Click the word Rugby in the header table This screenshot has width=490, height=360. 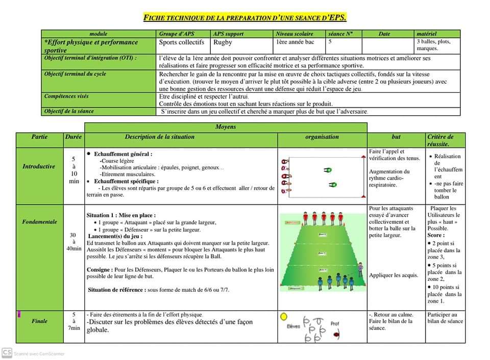click(x=223, y=42)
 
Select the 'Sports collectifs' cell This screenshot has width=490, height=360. click(x=181, y=42)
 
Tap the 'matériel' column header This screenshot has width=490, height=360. click(x=426, y=34)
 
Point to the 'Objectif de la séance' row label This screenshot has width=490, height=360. click(x=69, y=111)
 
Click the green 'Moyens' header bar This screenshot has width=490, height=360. click(x=226, y=127)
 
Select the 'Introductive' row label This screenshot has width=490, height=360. click(x=39, y=166)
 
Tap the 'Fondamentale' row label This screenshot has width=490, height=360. click(x=39, y=222)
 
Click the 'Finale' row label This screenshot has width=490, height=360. click(x=39, y=321)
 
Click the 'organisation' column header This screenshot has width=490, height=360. click(x=322, y=137)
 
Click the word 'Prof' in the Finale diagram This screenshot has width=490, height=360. click(x=335, y=323)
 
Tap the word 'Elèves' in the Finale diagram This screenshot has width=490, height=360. click(x=293, y=326)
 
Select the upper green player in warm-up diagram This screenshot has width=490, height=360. click(x=328, y=170)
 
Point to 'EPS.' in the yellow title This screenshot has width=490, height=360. click(x=337, y=18)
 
